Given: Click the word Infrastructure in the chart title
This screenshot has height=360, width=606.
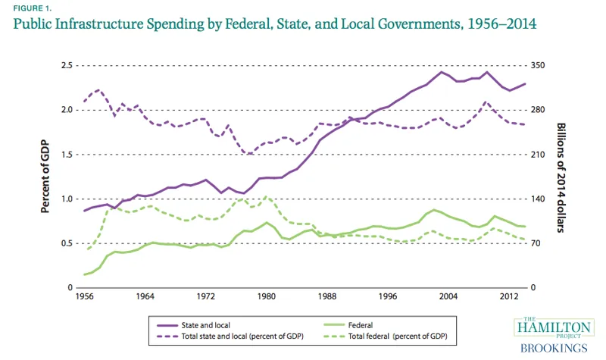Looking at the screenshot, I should coord(111,23).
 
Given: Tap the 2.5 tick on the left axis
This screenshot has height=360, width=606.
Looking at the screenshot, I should coord(66,66).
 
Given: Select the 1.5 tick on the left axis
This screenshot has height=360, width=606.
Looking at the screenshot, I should coord(66,155).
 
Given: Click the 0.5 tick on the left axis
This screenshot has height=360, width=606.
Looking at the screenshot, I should coord(66,243).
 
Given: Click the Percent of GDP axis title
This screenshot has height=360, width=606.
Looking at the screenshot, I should coord(45,176).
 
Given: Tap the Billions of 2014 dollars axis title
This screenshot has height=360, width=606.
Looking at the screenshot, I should coord(561,176).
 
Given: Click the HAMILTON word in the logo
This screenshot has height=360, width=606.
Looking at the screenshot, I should coord(553,326).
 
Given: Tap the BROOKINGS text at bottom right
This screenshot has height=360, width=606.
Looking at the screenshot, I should coord(552,348).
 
